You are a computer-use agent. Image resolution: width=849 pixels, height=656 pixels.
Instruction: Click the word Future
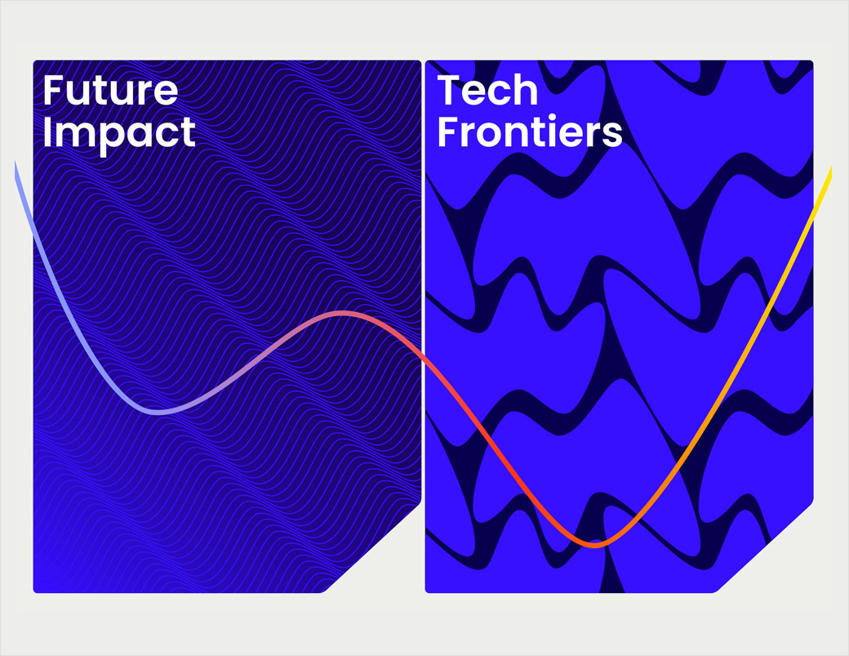[110, 91]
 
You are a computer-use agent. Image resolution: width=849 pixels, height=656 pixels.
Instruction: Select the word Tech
[487, 91]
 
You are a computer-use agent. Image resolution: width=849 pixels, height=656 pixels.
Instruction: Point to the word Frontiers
[530, 132]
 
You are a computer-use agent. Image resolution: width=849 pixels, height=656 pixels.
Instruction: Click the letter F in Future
[52, 91]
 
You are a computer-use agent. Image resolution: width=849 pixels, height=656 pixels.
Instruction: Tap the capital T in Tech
[449, 91]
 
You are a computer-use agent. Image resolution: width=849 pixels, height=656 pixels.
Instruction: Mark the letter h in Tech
[526, 91]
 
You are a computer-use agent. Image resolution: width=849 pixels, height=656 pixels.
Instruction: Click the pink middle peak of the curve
[342, 314]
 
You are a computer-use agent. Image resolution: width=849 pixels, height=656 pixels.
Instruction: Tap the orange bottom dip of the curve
[594, 544]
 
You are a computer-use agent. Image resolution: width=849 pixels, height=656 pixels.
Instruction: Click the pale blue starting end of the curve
[16, 165]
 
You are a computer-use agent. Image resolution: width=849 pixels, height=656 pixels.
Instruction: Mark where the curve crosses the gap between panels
[423, 358]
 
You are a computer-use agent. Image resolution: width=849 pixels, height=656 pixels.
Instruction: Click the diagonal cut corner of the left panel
[372, 547]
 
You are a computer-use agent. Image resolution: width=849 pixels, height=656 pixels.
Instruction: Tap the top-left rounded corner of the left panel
[35, 62]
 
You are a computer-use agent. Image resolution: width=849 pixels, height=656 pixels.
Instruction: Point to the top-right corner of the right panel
[811, 62]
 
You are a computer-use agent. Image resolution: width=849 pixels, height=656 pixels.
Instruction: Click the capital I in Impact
[47, 132]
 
